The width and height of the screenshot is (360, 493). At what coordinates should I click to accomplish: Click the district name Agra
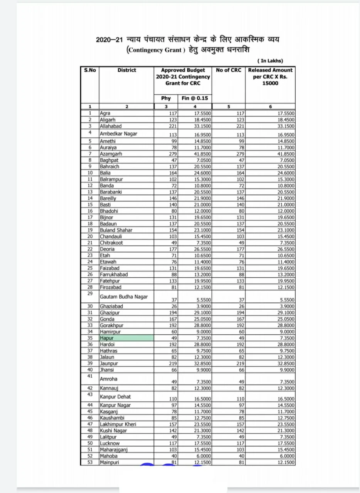(105, 113)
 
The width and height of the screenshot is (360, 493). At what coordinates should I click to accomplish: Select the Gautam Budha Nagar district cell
(124, 297)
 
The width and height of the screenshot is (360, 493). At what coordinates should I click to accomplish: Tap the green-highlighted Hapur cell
(126, 338)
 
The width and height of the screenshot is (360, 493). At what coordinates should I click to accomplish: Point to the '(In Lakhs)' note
(270, 61)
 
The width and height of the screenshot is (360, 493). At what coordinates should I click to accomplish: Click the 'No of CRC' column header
(229, 70)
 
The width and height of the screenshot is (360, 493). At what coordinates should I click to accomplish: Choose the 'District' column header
(127, 70)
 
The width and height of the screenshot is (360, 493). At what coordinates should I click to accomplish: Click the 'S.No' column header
(90, 70)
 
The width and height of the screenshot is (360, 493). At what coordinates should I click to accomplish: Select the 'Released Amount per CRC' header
(270, 76)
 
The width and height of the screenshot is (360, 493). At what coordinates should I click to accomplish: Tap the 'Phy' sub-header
(166, 98)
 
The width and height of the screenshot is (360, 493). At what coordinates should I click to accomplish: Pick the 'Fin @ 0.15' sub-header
(195, 98)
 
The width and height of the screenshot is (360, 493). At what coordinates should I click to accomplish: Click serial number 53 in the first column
(90, 462)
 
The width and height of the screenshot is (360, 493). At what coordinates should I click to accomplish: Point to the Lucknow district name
(110, 443)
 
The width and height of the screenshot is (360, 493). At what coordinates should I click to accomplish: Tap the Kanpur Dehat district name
(115, 397)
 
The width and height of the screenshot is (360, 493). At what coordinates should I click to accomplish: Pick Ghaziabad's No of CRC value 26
(241, 306)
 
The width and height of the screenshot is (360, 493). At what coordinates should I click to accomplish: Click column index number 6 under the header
(270, 107)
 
